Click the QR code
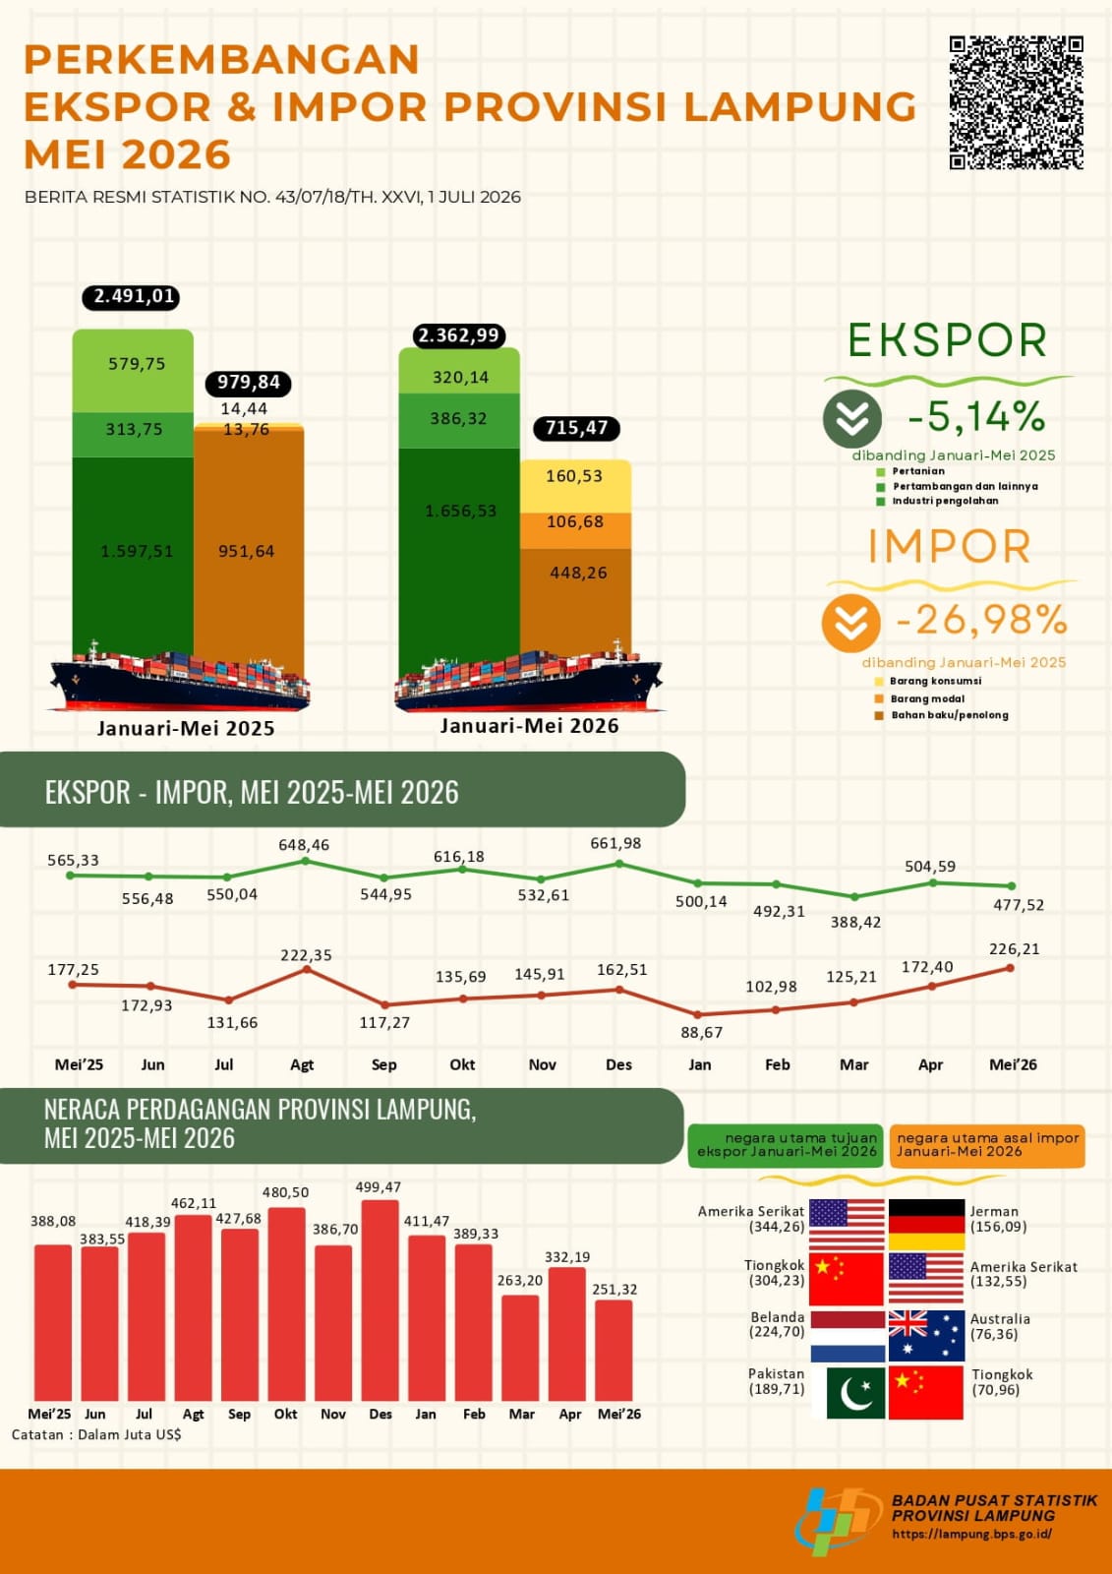click(x=1016, y=102)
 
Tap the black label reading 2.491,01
click(x=132, y=296)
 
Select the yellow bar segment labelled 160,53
click(x=575, y=486)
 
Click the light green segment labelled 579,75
click(x=133, y=370)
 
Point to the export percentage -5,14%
click(x=976, y=417)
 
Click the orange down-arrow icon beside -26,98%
click(x=850, y=623)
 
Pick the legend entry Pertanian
click(x=911, y=471)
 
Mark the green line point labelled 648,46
click(x=305, y=861)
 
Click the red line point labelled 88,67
click(x=697, y=1014)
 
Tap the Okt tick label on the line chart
click(x=462, y=1064)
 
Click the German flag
click(x=926, y=1225)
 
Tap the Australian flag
click(x=926, y=1335)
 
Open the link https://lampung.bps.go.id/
click(x=972, y=1536)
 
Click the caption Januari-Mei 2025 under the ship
click(x=186, y=728)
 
